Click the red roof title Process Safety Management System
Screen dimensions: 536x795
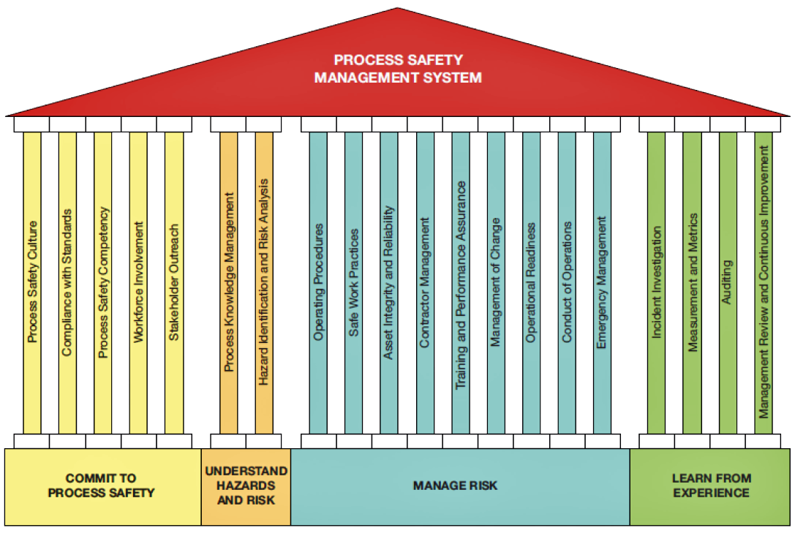(398, 69)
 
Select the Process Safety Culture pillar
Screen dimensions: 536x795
(32, 282)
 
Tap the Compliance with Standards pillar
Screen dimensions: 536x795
(67, 282)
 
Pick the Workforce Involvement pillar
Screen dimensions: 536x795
(138, 282)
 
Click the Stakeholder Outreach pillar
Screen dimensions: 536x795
(173, 282)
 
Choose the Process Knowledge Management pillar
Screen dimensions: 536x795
(229, 282)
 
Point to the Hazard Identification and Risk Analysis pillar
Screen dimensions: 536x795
(264, 282)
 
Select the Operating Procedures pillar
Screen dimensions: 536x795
(318, 282)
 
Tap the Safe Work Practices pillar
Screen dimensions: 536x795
(354, 282)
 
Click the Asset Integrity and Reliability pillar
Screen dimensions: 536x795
(389, 282)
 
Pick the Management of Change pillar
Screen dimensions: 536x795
(496, 282)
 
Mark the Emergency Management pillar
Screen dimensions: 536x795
(602, 282)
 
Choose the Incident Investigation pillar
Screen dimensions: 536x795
(657, 282)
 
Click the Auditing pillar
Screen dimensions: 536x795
(728, 282)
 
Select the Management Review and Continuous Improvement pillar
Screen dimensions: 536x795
(764, 282)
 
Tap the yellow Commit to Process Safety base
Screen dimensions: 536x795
(102, 486)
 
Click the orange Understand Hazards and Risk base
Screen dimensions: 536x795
(246, 486)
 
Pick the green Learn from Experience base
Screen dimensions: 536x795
(711, 486)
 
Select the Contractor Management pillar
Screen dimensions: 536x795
(425, 282)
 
